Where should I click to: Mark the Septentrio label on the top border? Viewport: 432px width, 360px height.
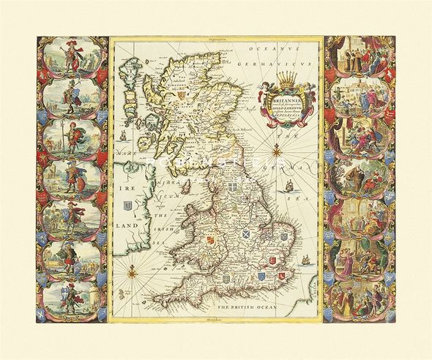212,34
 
